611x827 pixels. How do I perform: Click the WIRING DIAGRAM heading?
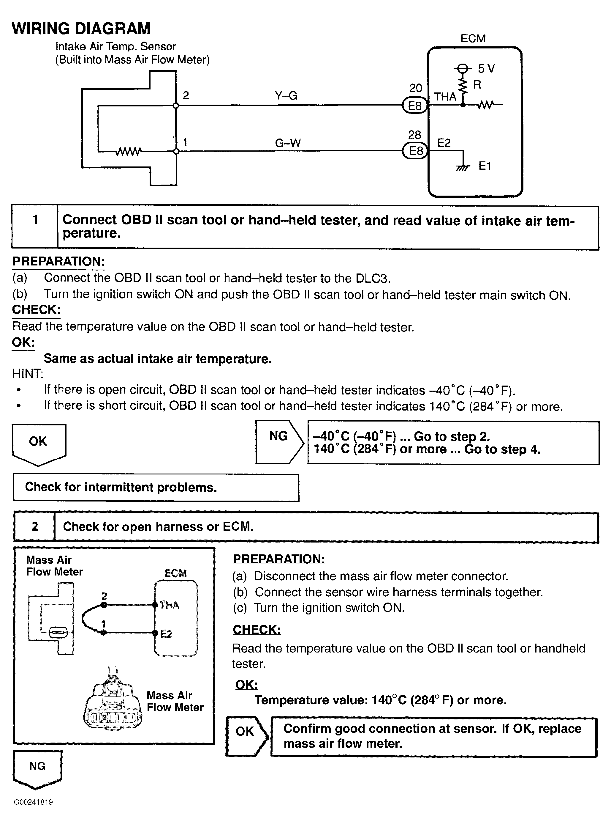click(x=81, y=29)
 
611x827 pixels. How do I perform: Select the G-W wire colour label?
click(x=288, y=143)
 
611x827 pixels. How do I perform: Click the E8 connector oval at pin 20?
click(x=414, y=106)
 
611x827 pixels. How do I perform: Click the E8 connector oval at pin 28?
click(x=415, y=151)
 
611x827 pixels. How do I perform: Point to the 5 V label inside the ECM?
click(x=486, y=68)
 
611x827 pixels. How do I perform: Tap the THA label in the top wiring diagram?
click(x=445, y=97)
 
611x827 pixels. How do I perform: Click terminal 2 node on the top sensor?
click(x=176, y=106)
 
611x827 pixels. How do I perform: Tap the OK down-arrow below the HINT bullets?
click(x=39, y=443)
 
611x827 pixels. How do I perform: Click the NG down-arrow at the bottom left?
click(x=37, y=769)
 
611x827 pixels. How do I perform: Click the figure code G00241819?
click(x=33, y=802)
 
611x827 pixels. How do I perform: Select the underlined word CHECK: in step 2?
click(x=257, y=630)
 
